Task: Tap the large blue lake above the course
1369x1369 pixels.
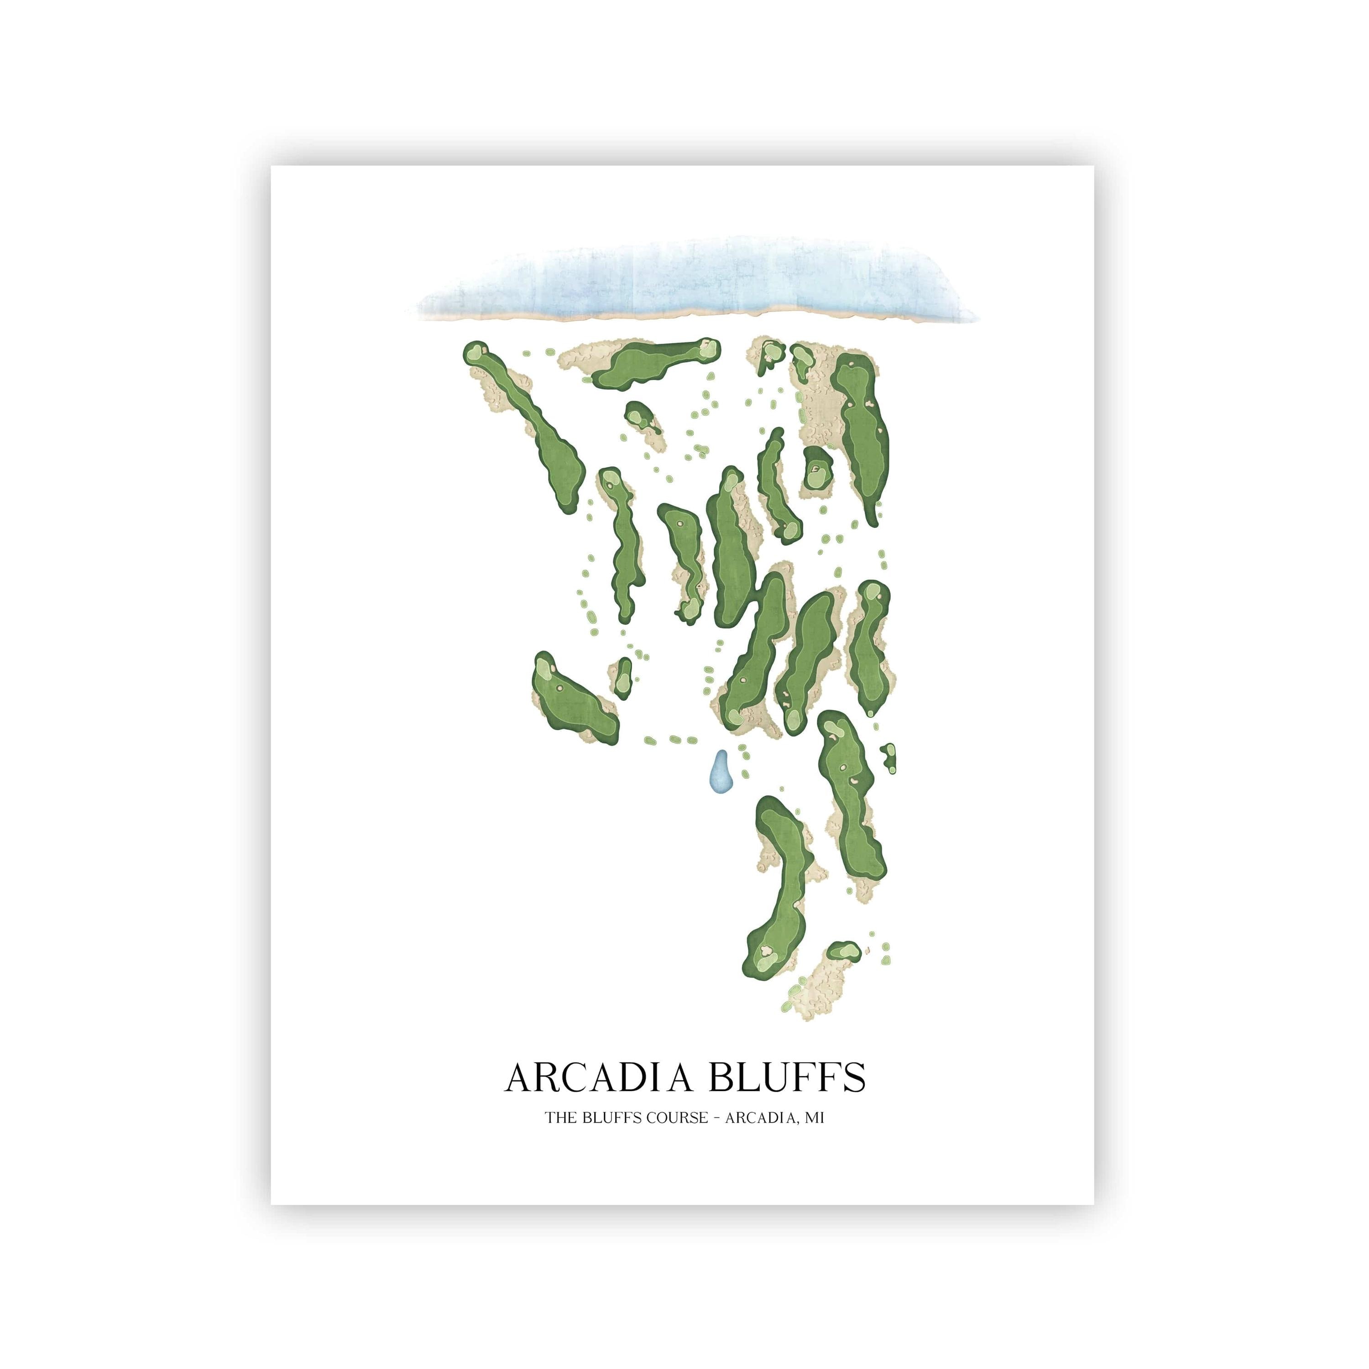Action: (695, 280)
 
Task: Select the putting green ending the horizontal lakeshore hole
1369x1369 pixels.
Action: (706, 347)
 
